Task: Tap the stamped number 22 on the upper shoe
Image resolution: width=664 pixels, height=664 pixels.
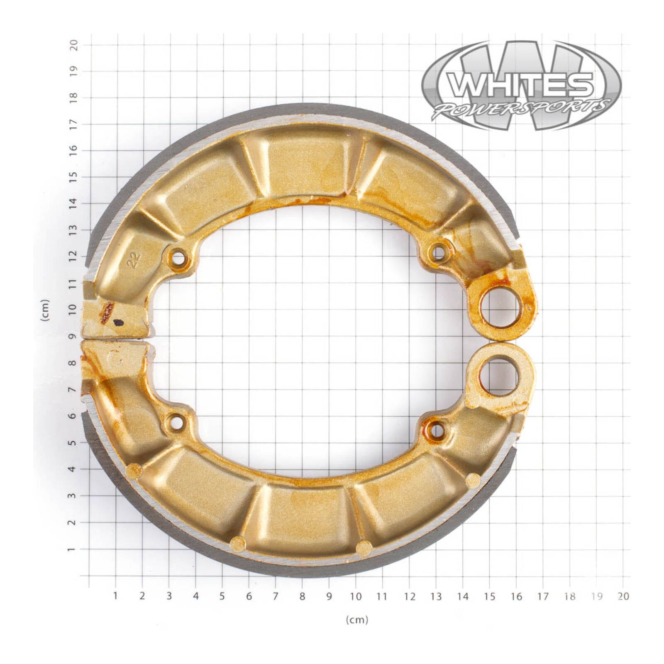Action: tap(134, 260)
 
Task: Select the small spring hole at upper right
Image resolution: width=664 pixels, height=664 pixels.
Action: tap(437, 251)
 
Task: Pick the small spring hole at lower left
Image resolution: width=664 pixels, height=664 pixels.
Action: tap(177, 423)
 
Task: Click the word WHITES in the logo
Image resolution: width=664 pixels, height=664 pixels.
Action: tap(521, 85)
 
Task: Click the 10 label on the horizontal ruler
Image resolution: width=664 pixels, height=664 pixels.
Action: tap(356, 596)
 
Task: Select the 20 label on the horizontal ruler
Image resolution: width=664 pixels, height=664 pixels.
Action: tap(623, 596)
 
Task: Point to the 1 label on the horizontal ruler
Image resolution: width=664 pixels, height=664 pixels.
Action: tap(115, 596)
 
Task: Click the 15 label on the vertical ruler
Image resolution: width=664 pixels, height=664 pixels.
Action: tap(73, 177)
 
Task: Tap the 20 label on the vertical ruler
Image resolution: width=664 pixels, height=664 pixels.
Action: tap(73, 44)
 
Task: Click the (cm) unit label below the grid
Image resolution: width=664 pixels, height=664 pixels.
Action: tap(357, 620)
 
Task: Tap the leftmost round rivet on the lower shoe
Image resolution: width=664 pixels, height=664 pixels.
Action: tap(134, 471)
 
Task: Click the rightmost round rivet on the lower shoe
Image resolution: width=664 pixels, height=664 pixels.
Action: tap(473, 481)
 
